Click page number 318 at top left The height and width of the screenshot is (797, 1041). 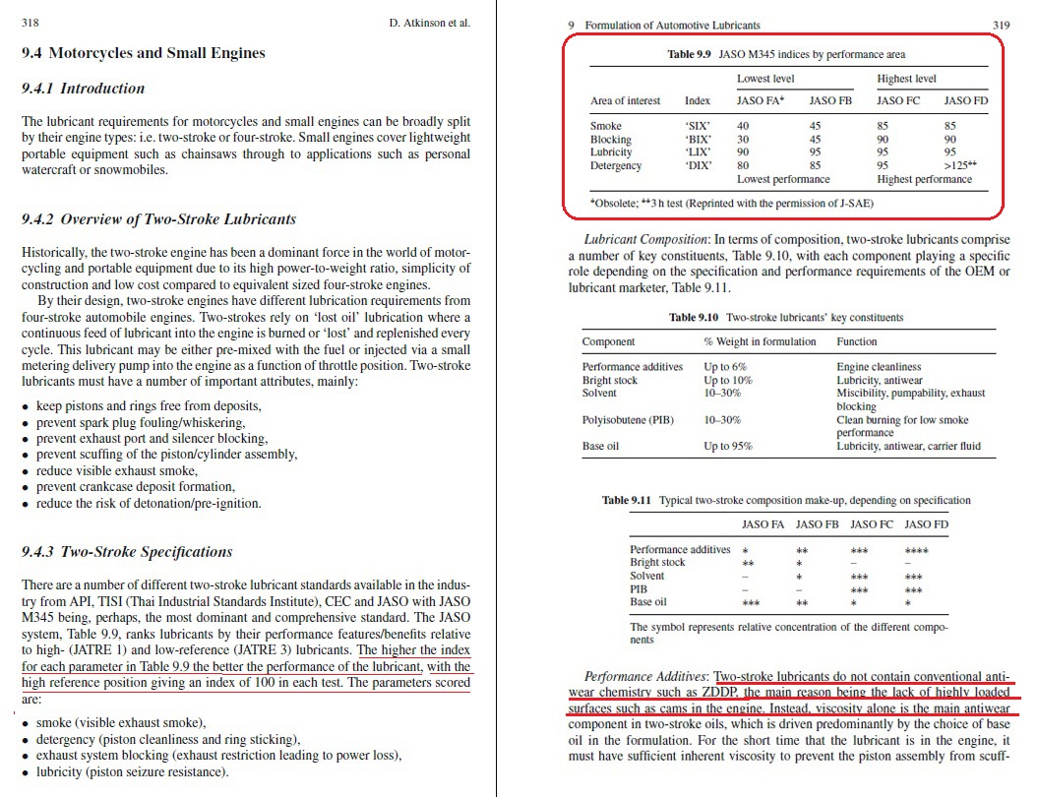click(31, 23)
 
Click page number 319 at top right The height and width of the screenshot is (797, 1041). click(1001, 25)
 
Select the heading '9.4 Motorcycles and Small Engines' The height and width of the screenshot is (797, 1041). click(143, 53)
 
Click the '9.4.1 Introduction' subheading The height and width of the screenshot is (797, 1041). click(83, 89)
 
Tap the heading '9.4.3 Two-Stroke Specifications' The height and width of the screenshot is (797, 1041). click(127, 552)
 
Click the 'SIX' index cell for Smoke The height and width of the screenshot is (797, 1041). click(698, 126)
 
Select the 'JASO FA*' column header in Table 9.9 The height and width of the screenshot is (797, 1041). click(760, 100)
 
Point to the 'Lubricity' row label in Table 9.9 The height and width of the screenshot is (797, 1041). click(611, 153)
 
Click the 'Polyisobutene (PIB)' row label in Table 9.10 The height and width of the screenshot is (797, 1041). click(628, 419)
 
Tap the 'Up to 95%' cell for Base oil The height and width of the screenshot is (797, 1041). click(727, 446)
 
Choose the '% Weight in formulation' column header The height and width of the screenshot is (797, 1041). click(760, 341)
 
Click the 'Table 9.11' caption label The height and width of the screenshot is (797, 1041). click(627, 501)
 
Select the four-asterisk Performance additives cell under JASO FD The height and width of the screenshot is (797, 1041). click(916, 550)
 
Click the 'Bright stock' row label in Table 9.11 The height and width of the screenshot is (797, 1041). click(657, 563)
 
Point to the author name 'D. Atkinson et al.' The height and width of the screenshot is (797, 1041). click(429, 23)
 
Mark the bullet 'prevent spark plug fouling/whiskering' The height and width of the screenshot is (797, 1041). click(141, 422)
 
